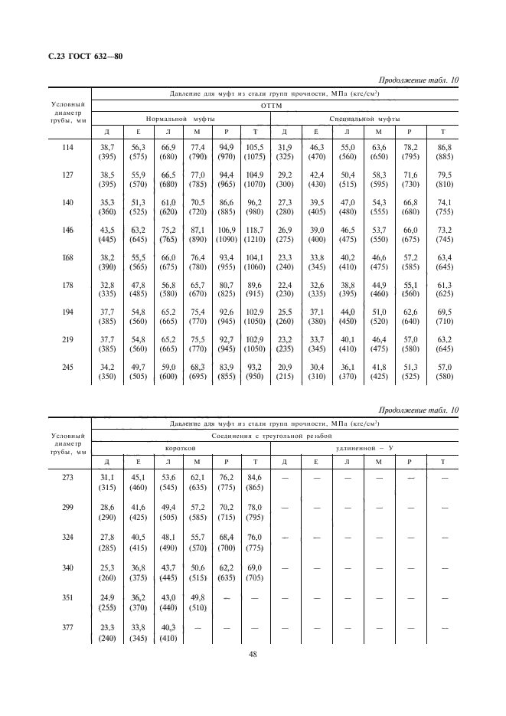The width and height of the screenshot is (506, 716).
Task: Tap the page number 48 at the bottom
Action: point(252,654)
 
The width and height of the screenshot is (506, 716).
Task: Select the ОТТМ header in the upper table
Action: point(273,106)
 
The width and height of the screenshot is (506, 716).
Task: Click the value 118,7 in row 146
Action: point(253,229)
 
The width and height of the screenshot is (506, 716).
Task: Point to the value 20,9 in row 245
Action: point(284,367)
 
